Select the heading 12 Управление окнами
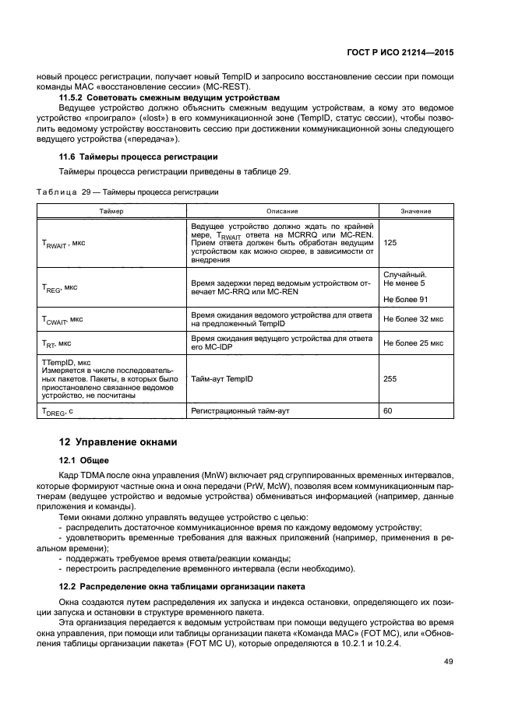coord(118,441)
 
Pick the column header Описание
coord(282,211)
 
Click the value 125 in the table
coord(390,243)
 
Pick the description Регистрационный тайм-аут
coord(239,410)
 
